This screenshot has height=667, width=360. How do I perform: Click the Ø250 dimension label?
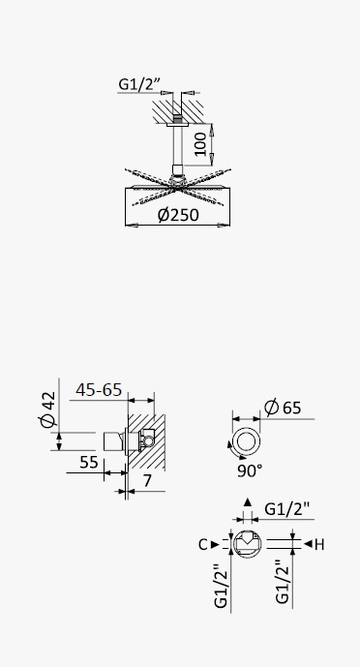(x=178, y=214)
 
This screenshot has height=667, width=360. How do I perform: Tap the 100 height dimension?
(x=201, y=144)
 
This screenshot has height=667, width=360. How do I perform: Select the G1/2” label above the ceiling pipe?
(x=139, y=84)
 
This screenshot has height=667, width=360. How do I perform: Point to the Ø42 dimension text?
(x=47, y=409)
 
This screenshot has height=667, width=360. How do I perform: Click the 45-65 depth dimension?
(x=99, y=390)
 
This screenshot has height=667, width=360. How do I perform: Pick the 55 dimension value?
(x=89, y=462)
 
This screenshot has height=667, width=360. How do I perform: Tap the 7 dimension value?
(x=147, y=481)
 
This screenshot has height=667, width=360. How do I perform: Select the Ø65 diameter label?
(x=283, y=408)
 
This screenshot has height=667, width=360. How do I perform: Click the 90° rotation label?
(x=250, y=470)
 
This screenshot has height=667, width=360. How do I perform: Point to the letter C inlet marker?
(x=203, y=544)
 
